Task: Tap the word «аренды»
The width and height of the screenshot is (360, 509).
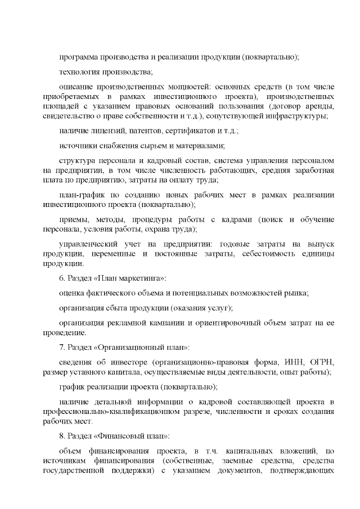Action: (x=321, y=106)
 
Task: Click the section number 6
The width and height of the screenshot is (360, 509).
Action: (x=61, y=279)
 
